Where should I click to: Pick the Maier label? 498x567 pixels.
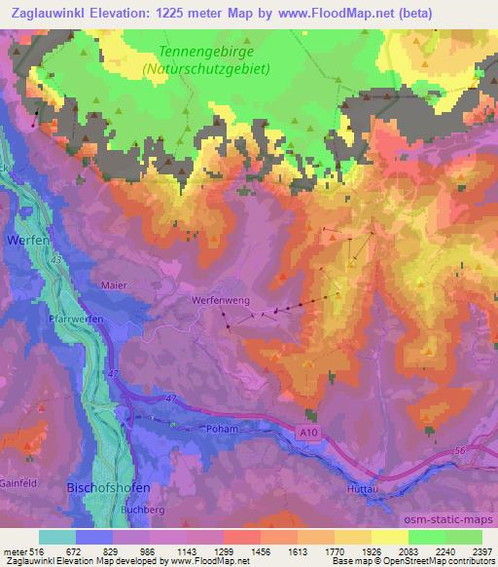(x=115, y=285)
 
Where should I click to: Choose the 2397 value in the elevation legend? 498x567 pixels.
(x=480, y=550)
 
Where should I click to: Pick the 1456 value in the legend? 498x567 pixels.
(x=260, y=550)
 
